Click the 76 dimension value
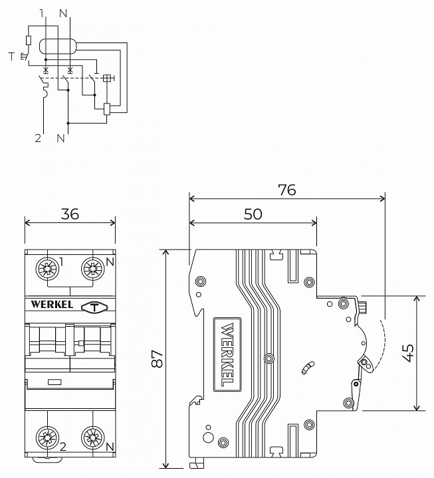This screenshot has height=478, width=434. (x=286, y=189)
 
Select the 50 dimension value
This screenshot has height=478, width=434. (x=253, y=214)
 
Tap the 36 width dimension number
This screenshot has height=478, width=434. (x=70, y=214)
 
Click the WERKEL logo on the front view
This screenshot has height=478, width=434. (x=51, y=305)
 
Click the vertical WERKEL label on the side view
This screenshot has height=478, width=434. (x=225, y=354)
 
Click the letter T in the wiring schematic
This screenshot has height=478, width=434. (x=11, y=56)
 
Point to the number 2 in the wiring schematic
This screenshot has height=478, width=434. (x=39, y=138)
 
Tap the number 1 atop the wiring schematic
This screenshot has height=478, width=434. (x=42, y=13)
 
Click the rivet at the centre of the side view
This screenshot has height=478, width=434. (x=268, y=358)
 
